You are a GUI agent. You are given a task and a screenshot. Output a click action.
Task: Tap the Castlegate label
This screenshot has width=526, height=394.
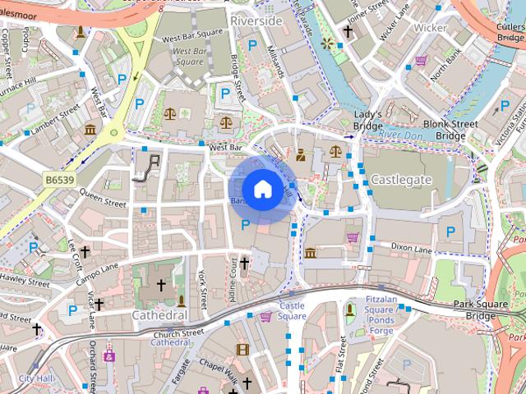[x=401, y=178]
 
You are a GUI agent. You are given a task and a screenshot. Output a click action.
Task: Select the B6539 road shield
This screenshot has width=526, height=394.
[x=58, y=178]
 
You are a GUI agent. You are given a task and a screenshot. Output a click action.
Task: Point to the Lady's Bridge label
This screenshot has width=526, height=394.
[x=368, y=121]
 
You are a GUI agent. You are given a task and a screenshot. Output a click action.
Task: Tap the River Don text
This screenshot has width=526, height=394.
[x=400, y=134]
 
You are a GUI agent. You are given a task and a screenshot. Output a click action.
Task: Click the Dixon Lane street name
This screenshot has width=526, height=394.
[x=411, y=246]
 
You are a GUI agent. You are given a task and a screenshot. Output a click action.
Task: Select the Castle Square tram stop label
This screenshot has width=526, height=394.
[x=291, y=310]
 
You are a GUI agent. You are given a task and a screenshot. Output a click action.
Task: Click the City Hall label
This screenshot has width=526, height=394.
[x=35, y=378]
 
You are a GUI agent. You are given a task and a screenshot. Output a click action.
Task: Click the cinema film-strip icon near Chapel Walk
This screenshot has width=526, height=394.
[x=242, y=350]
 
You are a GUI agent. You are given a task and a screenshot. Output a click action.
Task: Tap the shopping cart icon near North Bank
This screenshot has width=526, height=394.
[x=422, y=60]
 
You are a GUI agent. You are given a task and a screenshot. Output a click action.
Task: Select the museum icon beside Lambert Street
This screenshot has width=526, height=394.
[x=90, y=130]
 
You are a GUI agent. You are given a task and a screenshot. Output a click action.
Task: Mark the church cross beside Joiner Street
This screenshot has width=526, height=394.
[x=348, y=33]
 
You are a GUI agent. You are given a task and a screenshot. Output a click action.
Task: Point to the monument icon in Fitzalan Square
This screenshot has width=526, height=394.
[x=349, y=308]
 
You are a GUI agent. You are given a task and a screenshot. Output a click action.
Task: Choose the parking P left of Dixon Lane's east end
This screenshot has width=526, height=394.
[x=450, y=232]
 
